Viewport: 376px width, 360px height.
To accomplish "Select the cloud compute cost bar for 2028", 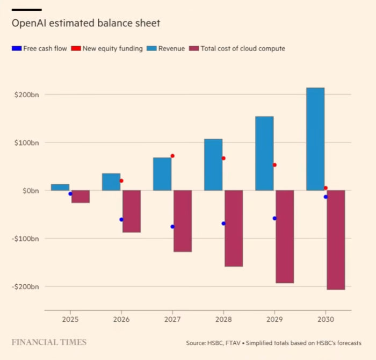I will click(234, 228).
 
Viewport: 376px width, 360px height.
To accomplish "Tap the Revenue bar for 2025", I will click(60, 187).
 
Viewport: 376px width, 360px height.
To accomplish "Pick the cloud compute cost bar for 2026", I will click(132, 211).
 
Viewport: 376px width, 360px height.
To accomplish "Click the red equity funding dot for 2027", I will click(172, 156).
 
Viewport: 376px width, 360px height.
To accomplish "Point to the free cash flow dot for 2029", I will click(274, 218).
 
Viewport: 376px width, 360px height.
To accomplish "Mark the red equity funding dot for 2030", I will click(326, 188).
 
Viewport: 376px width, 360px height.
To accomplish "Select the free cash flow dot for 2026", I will click(121, 219).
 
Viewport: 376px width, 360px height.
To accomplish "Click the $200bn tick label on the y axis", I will click(26, 95).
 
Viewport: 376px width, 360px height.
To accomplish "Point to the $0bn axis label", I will click(30, 191).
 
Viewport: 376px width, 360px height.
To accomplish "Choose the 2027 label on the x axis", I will click(172, 319).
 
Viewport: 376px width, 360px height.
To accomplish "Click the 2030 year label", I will click(325, 319).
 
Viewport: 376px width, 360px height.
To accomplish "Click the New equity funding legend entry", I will click(112, 48).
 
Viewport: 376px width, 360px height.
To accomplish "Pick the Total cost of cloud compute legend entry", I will click(242, 48).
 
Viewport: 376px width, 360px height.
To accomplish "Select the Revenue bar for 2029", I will click(264, 153).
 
